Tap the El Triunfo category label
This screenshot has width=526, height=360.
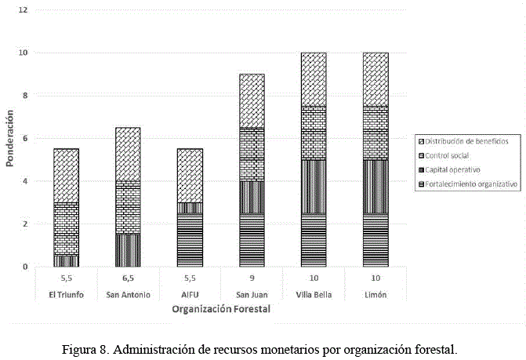click(66, 294)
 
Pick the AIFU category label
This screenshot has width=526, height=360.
click(190, 294)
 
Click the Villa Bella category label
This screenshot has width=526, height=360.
click(314, 294)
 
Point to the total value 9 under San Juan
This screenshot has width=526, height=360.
click(252, 278)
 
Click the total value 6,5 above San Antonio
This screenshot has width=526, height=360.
click(128, 278)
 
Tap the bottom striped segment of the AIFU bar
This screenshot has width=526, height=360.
click(190, 240)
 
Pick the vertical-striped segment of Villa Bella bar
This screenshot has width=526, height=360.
click(314, 187)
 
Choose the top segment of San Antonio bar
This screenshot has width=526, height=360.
click(128, 155)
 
